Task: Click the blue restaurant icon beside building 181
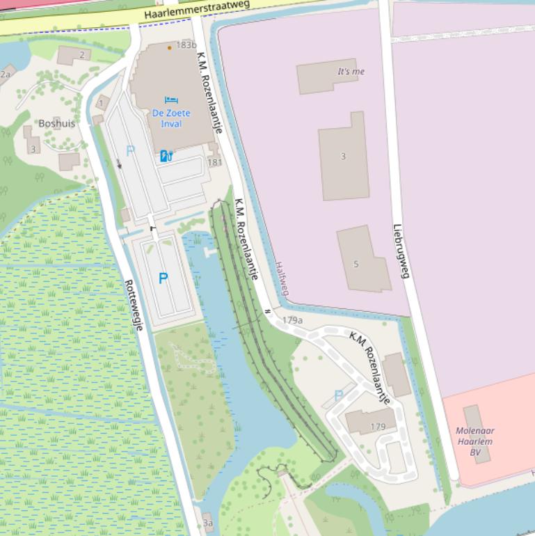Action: coord(166,156)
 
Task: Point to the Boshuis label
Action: coord(57,123)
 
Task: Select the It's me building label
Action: coord(351,72)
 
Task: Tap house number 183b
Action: coord(187,45)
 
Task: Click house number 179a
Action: coord(292,320)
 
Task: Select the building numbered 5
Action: coord(356,265)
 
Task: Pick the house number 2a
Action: coord(6,74)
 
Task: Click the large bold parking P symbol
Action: coord(163,278)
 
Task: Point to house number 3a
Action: coord(207,523)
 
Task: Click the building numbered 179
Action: coord(378,427)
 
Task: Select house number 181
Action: coord(215,162)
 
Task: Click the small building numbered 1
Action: coord(102,104)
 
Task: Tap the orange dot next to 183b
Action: coord(169,48)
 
